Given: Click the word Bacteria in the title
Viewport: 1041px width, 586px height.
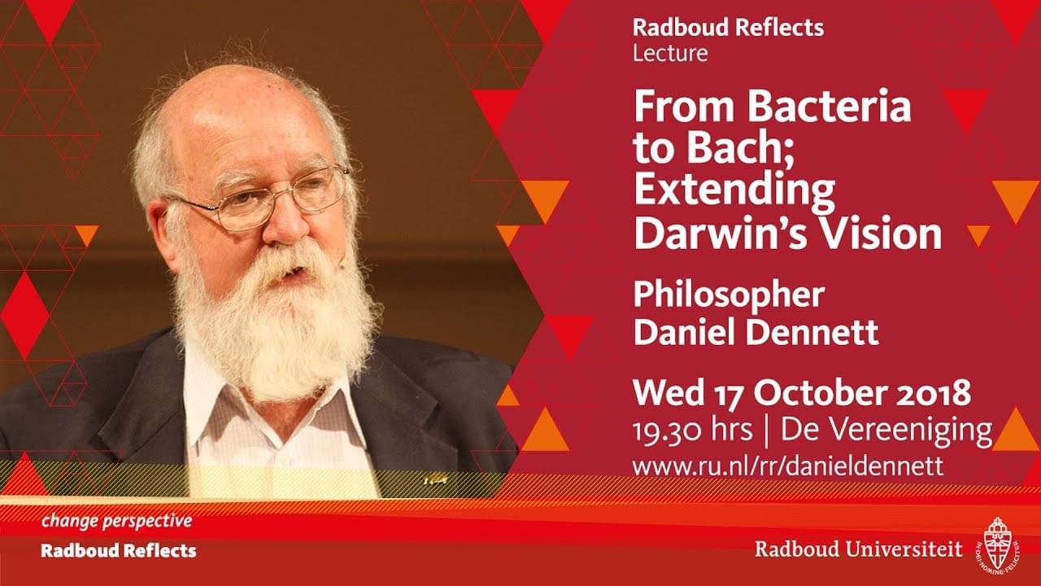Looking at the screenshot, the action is point(829,107).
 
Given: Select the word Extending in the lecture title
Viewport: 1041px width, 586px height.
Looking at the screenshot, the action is point(734,190).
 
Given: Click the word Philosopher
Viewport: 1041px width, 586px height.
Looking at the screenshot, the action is point(730,296).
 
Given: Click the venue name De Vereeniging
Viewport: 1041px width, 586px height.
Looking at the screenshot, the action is point(886,431).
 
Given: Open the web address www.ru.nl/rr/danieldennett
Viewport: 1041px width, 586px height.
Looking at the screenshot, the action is point(788,466).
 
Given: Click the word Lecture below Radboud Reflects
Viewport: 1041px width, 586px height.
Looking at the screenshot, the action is point(670,53).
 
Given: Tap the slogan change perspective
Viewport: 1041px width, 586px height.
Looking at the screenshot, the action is point(116,521).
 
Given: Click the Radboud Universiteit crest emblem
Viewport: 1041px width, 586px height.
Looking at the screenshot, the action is point(997,544).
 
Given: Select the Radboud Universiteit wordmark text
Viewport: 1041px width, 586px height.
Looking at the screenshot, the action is point(858,549).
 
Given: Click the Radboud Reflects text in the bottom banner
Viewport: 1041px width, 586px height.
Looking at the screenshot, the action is point(119,551).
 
